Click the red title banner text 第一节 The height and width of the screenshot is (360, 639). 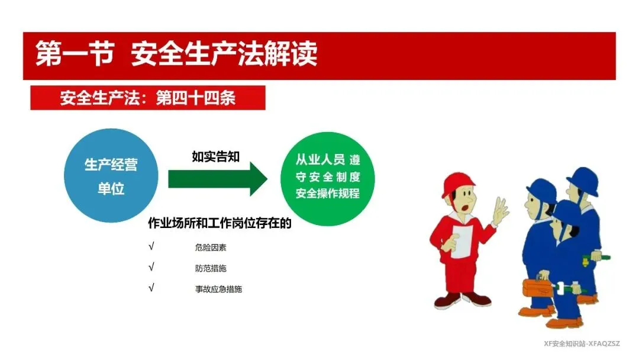(x=75, y=53)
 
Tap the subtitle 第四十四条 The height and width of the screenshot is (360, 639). (x=196, y=98)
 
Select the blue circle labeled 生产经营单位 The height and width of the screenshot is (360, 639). (x=111, y=176)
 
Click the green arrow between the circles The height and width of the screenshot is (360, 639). (x=218, y=179)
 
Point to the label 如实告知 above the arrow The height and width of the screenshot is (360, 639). (x=215, y=156)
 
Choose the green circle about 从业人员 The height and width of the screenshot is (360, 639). (x=328, y=179)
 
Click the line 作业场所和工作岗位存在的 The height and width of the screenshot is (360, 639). (x=220, y=223)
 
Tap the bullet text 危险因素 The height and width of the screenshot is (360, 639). (x=211, y=247)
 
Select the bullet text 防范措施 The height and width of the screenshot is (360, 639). (x=211, y=268)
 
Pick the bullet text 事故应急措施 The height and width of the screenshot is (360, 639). (x=219, y=289)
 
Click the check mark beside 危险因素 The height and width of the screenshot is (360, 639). (x=151, y=246)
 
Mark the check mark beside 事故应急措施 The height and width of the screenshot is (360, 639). (x=151, y=288)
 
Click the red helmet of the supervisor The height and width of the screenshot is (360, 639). (x=458, y=184)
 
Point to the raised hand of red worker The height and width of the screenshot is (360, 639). (x=500, y=210)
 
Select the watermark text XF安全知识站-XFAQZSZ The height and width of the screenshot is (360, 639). (x=582, y=343)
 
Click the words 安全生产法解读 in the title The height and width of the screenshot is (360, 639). (x=224, y=53)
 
